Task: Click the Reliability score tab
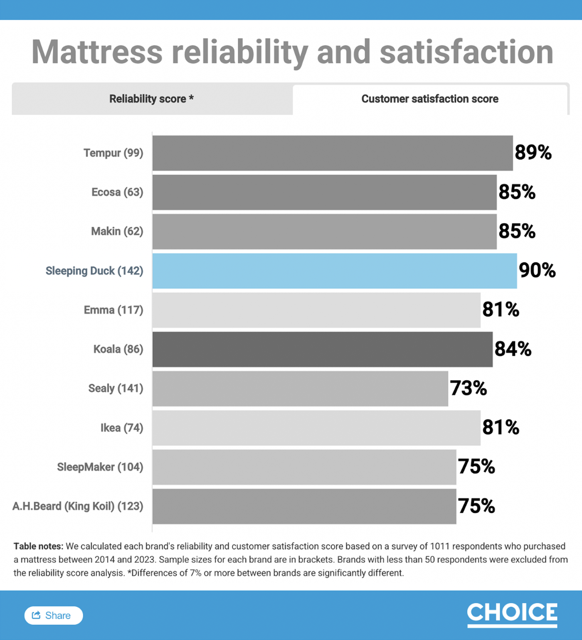pos(152,99)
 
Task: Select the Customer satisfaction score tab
pos(429,99)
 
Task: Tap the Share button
pos(54,615)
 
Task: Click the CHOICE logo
pos(512,614)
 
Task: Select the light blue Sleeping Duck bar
pos(334,271)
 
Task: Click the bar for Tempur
pos(332,153)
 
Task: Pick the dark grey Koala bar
pos(322,349)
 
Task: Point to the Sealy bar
pos(300,389)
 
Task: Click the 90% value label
pos(537,271)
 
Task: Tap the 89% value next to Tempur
pos(533,153)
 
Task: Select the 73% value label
pos(468,388)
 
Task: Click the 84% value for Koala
pos(513,349)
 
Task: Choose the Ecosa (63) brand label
pos(117,192)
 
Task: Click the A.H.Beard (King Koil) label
pos(78,506)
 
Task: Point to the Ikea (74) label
pos(122,428)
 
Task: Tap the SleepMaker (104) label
pos(100,467)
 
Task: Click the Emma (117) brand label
pos(113,310)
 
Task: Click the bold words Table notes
pos(38,546)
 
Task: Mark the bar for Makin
pos(324,231)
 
